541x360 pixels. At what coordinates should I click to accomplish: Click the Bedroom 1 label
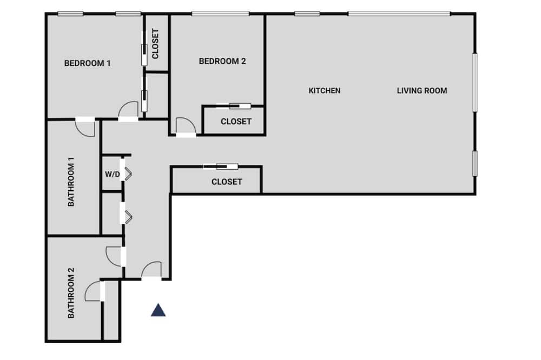click(87, 63)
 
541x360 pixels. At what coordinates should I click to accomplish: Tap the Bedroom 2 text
click(222, 61)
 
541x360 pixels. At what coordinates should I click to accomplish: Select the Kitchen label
click(324, 90)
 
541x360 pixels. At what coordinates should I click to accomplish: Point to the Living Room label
click(421, 90)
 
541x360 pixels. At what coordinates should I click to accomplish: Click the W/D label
click(112, 174)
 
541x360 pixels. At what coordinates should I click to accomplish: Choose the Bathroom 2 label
click(71, 293)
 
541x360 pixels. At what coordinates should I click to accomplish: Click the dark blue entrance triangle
click(158, 310)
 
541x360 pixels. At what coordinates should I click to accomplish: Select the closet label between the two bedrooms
click(155, 44)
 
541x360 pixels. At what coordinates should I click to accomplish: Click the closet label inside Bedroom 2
click(236, 122)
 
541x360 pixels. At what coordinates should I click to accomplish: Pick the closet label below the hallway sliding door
click(227, 182)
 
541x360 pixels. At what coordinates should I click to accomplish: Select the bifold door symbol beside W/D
click(128, 174)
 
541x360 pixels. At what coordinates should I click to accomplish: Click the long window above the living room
click(399, 14)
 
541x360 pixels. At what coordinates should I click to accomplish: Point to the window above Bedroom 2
click(220, 14)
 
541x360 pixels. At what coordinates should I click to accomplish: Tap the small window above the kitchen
click(307, 14)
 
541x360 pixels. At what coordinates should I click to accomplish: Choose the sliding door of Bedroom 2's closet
click(233, 106)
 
